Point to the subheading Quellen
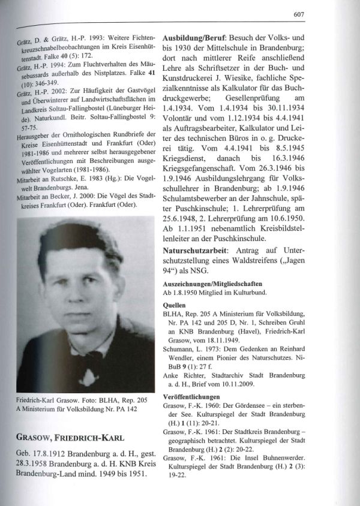pyautogui.click(x=174, y=305)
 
